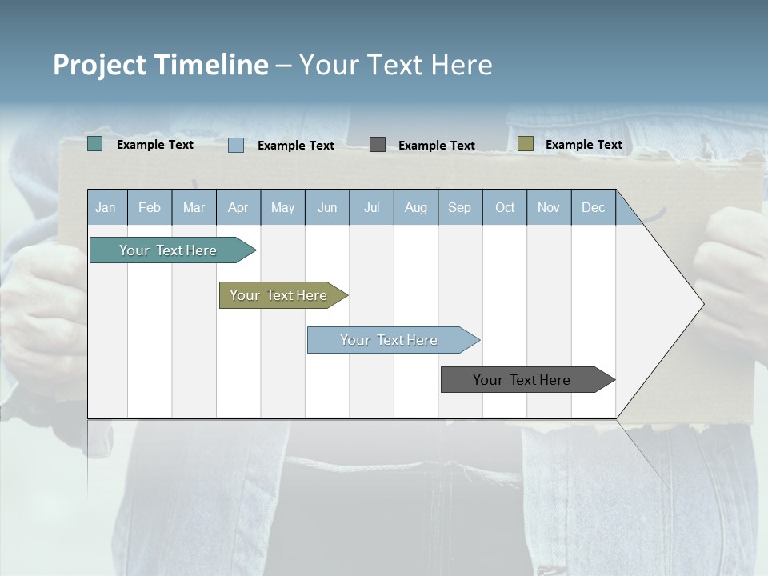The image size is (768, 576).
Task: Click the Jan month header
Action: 106,207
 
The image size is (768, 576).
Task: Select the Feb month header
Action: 150,207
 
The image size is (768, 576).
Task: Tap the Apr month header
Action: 238,207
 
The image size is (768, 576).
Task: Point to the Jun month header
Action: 327,207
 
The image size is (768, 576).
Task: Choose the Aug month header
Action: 416,207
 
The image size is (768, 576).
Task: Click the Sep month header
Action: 460,207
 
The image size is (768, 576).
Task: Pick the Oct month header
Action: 505,207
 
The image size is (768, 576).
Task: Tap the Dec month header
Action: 594,207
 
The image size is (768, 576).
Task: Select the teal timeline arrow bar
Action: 169,250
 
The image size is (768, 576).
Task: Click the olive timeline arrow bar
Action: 279,295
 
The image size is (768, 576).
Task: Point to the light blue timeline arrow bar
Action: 390,340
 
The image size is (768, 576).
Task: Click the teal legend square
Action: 95,144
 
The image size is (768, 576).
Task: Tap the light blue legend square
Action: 236,145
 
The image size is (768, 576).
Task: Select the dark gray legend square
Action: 378,144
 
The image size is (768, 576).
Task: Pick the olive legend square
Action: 526,144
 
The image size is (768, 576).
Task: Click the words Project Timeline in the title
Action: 160,65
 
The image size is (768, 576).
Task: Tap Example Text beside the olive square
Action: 583,145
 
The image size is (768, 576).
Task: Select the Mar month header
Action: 194,207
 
